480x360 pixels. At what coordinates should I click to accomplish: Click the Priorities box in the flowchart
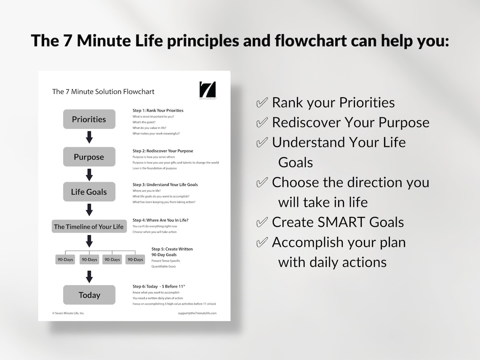[89, 119]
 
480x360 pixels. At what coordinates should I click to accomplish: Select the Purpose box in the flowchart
[89, 157]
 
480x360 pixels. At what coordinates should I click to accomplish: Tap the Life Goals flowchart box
[89, 192]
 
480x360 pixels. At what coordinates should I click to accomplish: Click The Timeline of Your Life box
[89, 227]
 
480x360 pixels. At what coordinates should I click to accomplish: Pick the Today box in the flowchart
[89, 295]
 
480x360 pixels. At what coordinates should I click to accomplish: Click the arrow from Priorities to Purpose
[89, 137]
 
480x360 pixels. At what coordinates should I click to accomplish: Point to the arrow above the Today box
[89, 277]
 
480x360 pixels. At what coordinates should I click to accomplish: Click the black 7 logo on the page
[207, 89]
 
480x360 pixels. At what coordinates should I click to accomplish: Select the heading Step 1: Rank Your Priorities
[158, 110]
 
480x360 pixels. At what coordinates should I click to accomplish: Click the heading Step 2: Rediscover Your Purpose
[163, 151]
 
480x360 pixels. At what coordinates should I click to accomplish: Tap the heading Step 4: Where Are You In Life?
[160, 220]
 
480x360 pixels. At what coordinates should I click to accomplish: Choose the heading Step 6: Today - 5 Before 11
[159, 286]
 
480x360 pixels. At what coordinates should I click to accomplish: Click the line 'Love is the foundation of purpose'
[155, 168]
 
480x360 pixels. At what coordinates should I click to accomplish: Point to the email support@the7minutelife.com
[197, 313]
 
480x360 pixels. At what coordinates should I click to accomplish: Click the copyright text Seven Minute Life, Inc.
[68, 313]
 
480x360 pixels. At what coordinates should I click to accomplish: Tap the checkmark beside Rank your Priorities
[262, 103]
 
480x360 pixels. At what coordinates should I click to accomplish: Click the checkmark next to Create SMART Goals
[262, 222]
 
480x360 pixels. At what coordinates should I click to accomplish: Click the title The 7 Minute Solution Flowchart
[103, 91]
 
